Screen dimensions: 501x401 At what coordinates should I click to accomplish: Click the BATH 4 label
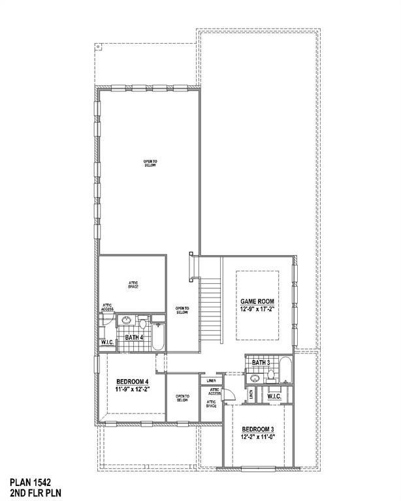pyautogui.click(x=134, y=337)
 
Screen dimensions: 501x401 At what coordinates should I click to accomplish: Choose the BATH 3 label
pyautogui.click(x=261, y=363)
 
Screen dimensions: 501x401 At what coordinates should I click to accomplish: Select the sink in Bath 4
pyautogui.click(x=127, y=321)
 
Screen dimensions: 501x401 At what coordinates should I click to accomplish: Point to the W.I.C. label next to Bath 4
pyautogui.click(x=108, y=341)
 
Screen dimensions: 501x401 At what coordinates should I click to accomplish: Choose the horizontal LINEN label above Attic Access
pyautogui.click(x=211, y=380)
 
